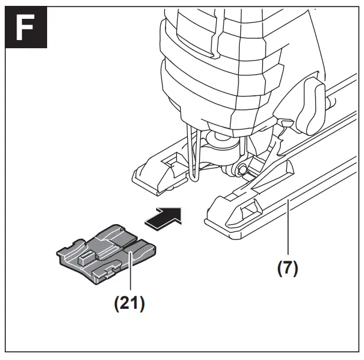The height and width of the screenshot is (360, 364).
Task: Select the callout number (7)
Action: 287,268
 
